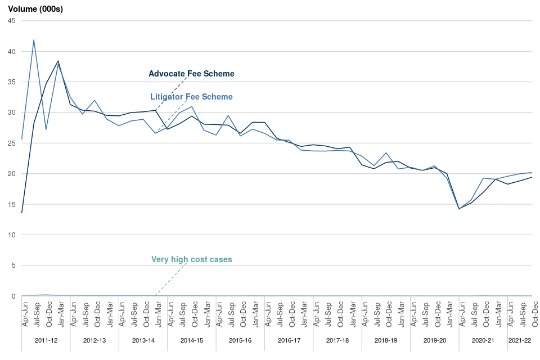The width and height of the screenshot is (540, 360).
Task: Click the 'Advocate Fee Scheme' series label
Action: [191, 74]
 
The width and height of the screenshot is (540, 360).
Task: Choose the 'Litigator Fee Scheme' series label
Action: [191, 97]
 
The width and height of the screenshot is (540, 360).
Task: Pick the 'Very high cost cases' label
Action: [191, 259]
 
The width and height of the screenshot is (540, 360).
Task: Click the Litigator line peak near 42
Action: [34, 40]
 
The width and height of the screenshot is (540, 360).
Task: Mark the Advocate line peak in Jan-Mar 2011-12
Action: [58, 61]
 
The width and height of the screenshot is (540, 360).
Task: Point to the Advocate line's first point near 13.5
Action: [22, 213]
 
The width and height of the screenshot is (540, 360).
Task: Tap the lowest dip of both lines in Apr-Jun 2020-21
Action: [459, 209]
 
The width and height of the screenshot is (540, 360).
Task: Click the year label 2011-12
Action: [46, 340]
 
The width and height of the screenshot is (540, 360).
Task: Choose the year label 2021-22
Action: [519, 340]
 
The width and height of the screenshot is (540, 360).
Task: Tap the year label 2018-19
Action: [386, 340]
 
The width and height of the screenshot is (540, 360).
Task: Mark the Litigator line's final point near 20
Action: [532, 173]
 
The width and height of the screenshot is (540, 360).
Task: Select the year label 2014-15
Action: [192, 340]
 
